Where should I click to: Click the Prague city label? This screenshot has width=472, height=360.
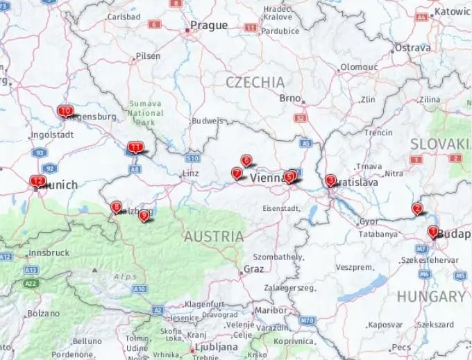[x=209, y=26]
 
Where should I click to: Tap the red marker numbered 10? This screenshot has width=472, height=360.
[x=65, y=111]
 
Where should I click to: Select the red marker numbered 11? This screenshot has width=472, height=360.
[x=135, y=147]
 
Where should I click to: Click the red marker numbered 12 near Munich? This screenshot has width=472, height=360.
[x=37, y=181]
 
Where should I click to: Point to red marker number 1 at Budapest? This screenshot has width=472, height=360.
[x=432, y=232]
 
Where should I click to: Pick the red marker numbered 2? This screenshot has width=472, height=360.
[x=417, y=208]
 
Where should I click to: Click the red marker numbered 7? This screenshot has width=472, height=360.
[x=237, y=173]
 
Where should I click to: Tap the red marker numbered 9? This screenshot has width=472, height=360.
[x=144, y=216]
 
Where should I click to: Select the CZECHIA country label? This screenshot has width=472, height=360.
[x=255, y=82]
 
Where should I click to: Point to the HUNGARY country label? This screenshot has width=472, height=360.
[x=431, y=296]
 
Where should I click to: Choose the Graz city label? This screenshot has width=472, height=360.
[x=253, y=268]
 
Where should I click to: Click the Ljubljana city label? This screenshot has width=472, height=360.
[x=212, y=345]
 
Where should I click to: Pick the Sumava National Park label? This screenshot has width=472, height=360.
[x=146, y=113]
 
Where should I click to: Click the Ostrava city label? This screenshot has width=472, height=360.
[x=412, y=48]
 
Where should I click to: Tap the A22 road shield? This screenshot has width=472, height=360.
[x=29, y=284]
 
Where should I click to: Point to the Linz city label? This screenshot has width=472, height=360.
[x=190, y=173]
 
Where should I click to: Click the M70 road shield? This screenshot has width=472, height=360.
[x=307, y=320]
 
